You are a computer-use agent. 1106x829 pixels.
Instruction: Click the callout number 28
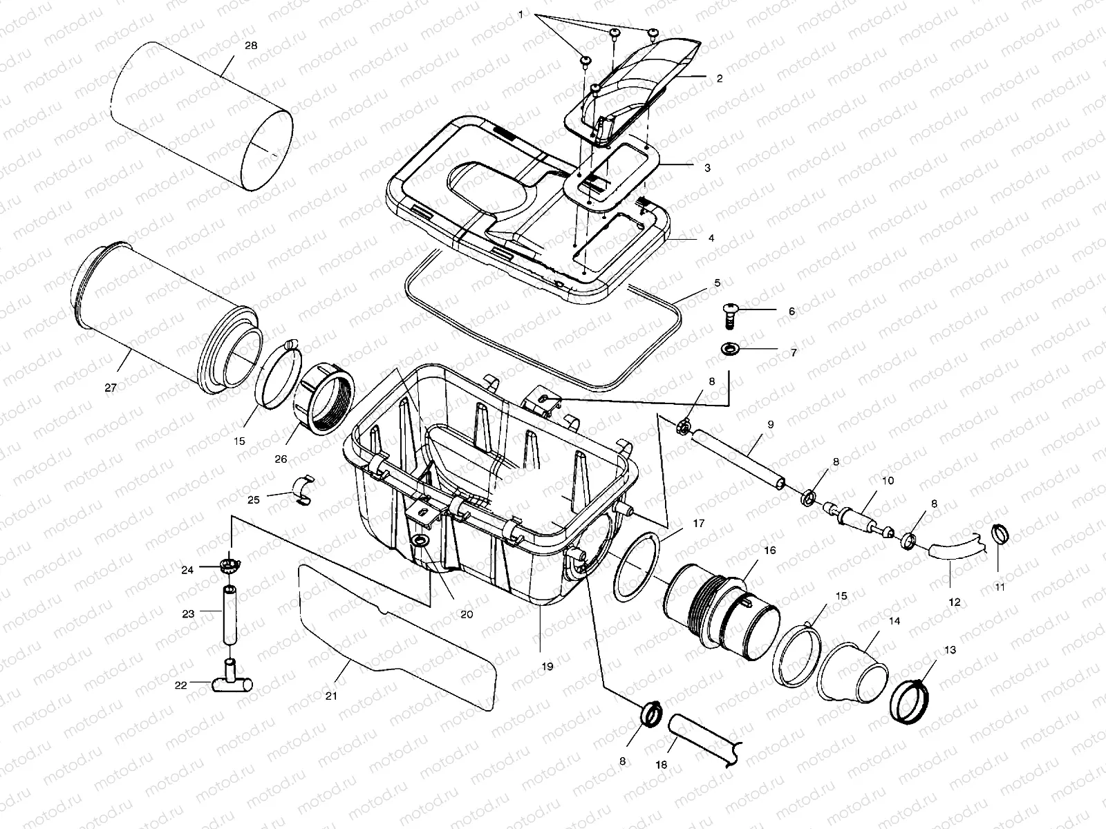(x=251, y=46)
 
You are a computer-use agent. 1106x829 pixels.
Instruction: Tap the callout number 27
(x=111, y=388)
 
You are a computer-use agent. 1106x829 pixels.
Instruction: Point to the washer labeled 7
(x=729, y=350)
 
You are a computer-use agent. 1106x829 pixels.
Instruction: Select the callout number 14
(x=894, y=621)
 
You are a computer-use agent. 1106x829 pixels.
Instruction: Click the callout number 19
(x=547, y=667)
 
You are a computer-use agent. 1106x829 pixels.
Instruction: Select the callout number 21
(x=331, y=696)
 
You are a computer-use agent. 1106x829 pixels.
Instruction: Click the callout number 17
(x=699, y=524)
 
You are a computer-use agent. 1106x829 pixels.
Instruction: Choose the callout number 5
(x=717, y=283)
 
